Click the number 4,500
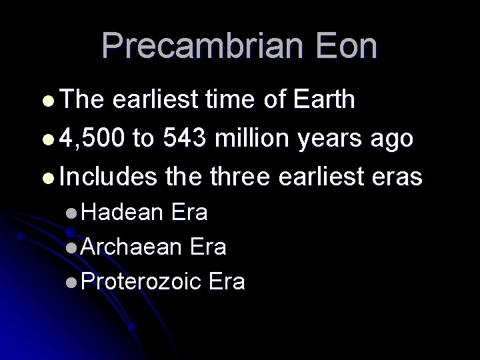coord(91,139)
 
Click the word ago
coord(397,140)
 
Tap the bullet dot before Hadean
coord(71,213)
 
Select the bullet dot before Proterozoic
coord(71,282)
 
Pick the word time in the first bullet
coord(228,101)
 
